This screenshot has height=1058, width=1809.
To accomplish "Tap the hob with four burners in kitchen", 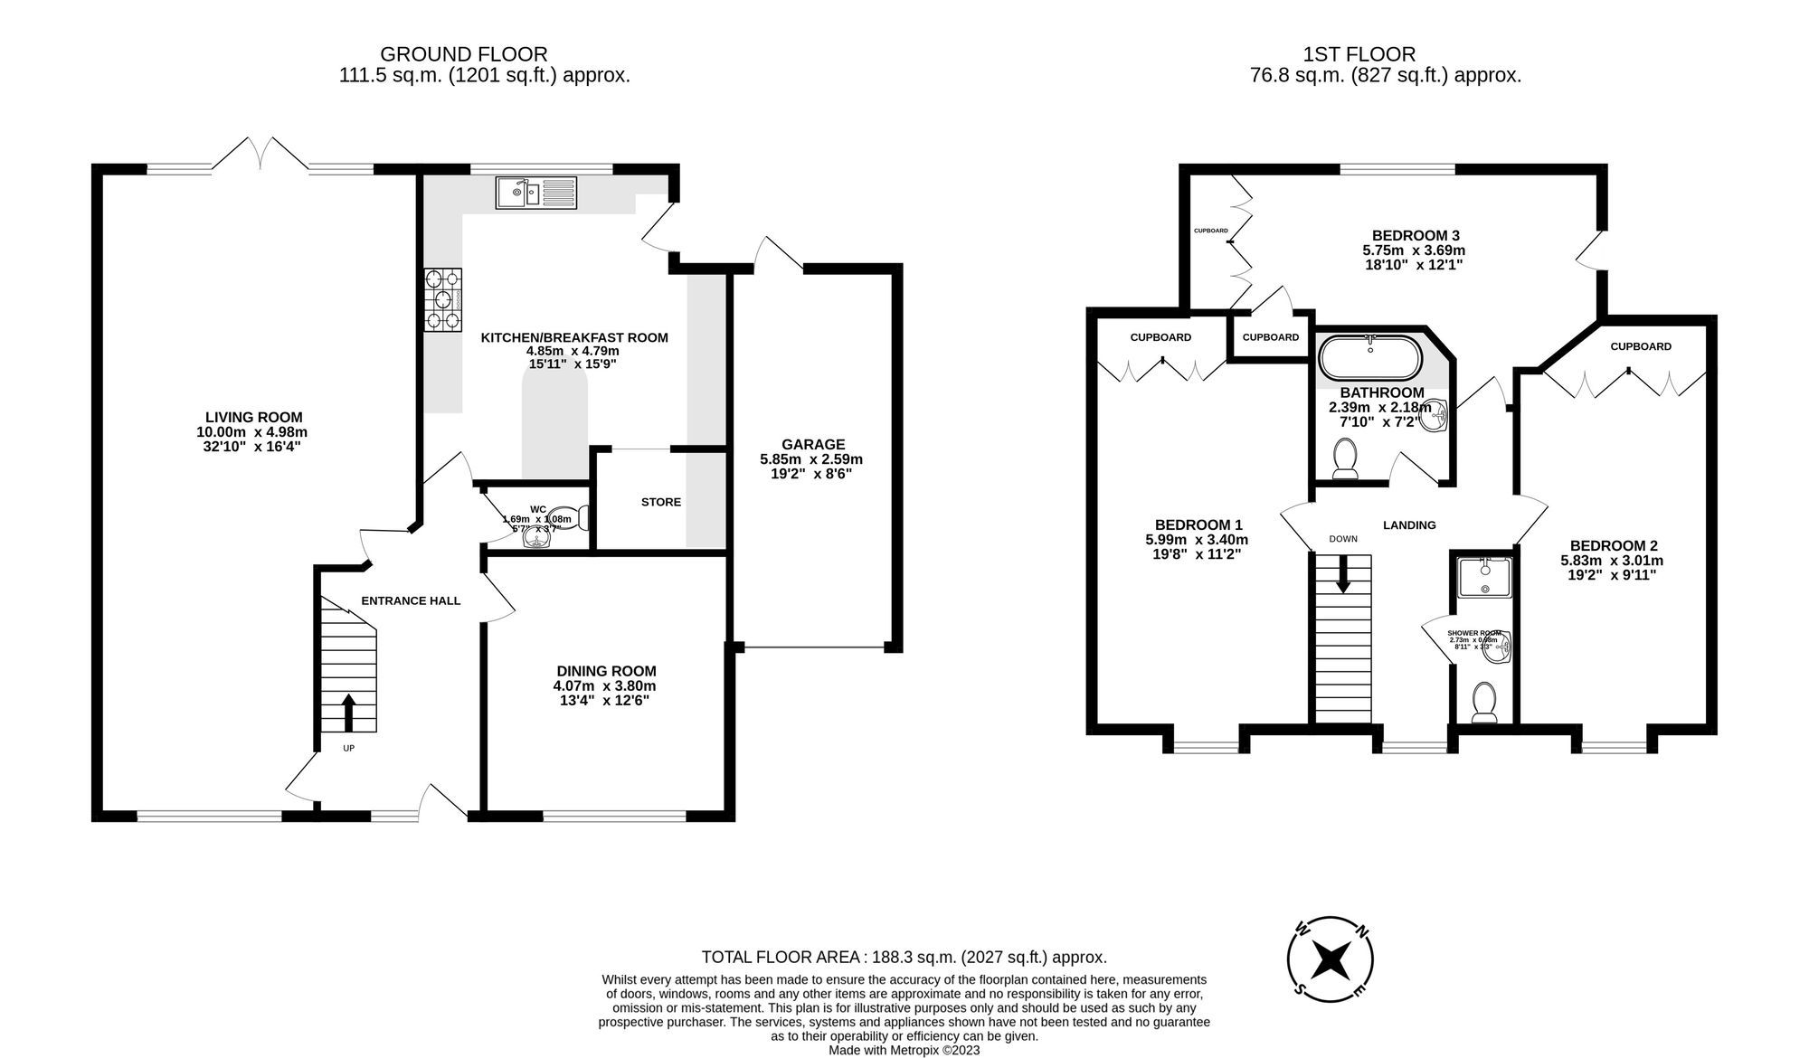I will [x=442, y=298].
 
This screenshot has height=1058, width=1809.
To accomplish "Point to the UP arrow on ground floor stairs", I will [x=349, y=713].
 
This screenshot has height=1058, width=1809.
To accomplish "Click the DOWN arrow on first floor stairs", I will [x=1343, y=573].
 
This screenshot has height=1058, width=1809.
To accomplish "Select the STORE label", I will [x=661, y=502].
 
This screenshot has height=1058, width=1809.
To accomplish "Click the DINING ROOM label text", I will [x=606, y=671].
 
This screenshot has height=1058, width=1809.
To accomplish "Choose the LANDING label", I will [x=1409, y=524].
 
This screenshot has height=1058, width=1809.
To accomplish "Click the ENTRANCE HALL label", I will [x=411, y=600].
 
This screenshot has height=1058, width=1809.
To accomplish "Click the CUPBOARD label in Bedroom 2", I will [x=1640, y=346].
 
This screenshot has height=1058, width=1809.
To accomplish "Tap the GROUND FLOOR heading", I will [x=463, y=54].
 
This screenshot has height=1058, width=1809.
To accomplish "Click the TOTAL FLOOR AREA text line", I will [x=904, y=957].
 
